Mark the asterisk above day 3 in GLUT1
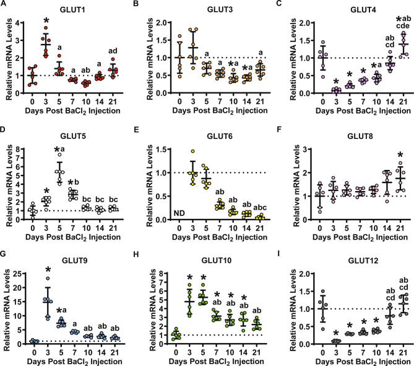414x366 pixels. [x=45, y=29]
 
